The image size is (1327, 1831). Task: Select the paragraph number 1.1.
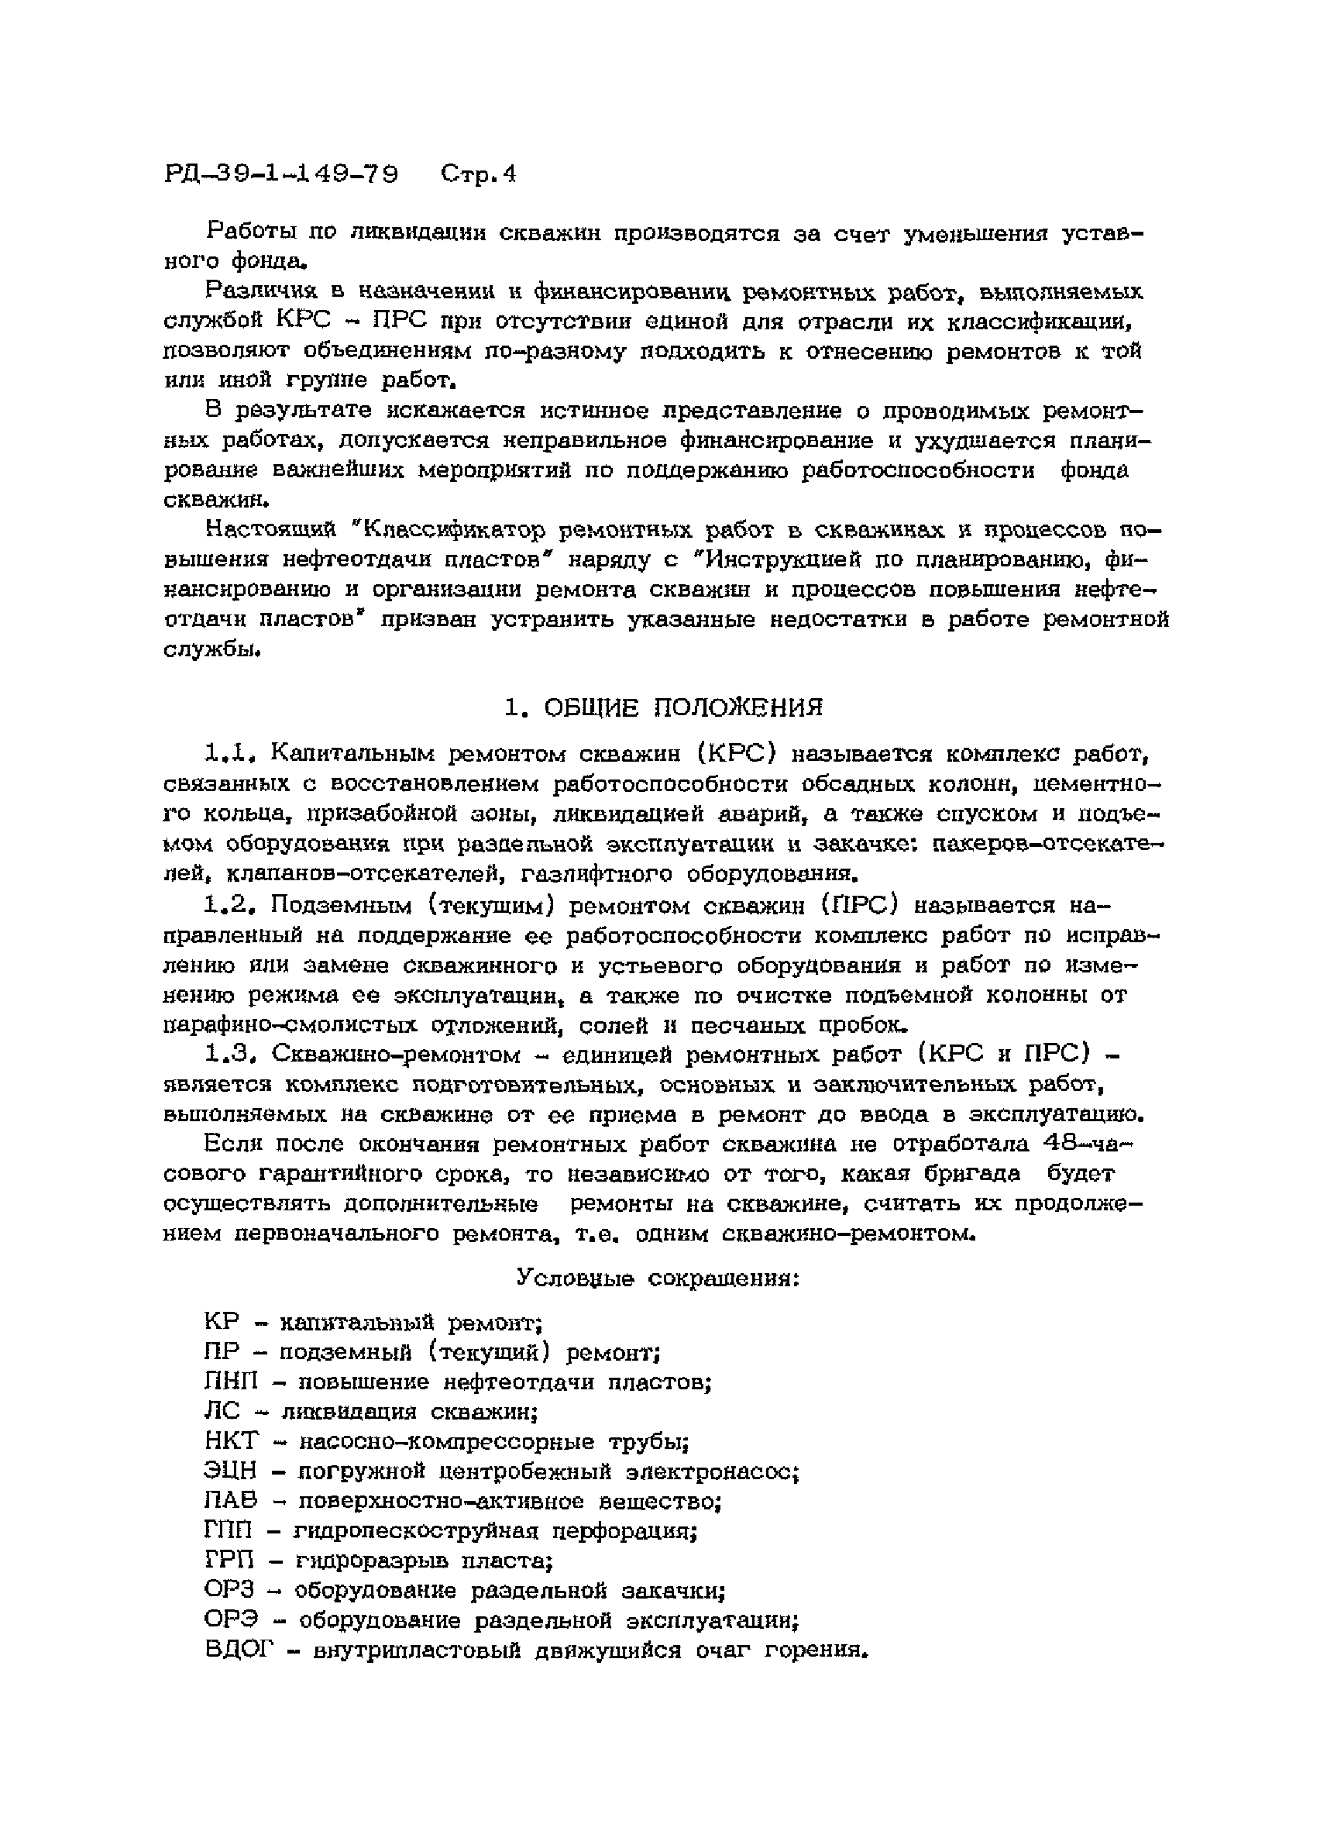(x=230, y=754)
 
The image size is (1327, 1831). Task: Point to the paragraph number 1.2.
(x=230, y=906)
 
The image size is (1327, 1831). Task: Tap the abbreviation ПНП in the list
(x=231, y=1382)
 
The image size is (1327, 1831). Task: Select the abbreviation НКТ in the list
(x=232, y=1441)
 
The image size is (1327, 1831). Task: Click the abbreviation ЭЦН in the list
(x=231, y=1471)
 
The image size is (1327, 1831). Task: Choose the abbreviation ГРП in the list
(x=229, y=1561)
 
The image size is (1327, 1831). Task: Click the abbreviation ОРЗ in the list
(x=229, y=1592)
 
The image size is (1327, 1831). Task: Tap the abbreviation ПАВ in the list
(x=231, y=1501)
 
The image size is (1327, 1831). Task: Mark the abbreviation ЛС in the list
(x=223, y=1411)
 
